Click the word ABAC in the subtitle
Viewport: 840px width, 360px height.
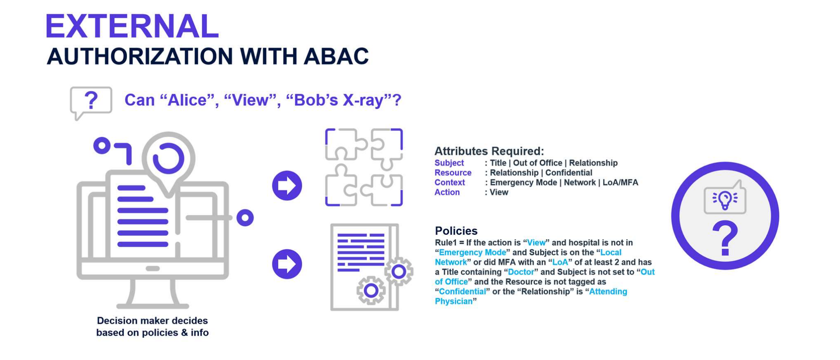click(336, 57)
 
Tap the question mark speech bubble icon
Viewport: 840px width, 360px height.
click(91, 101)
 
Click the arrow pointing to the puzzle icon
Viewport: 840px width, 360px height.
click(287, 186)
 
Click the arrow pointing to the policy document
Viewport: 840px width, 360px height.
click(287, 264)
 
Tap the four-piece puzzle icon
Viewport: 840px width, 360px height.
click(364, 167)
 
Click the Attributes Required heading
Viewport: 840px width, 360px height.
click(489, 151)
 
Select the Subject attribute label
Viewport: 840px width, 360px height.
click(449, 163)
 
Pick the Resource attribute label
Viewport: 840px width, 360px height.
click(453, 173)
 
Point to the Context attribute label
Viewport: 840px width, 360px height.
click(449, 182)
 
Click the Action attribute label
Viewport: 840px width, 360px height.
click(447, 192)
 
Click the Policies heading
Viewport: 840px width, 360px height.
click(456, 231)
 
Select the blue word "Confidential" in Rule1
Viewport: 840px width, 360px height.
click(462, 291)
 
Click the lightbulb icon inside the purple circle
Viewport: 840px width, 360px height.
click(725, 200)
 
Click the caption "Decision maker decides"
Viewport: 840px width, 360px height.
click(152, 321)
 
